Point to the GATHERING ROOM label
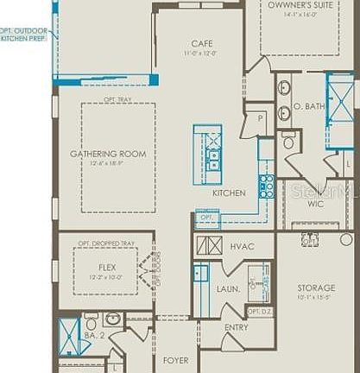coord(108,154)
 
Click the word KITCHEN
coord(229,193)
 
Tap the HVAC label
coord(243,247)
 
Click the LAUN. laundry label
coord(228,287)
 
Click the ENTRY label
coord(237,327)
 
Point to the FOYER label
coord(176,359)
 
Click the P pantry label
coord(259,118)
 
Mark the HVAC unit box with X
coord(209,245)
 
